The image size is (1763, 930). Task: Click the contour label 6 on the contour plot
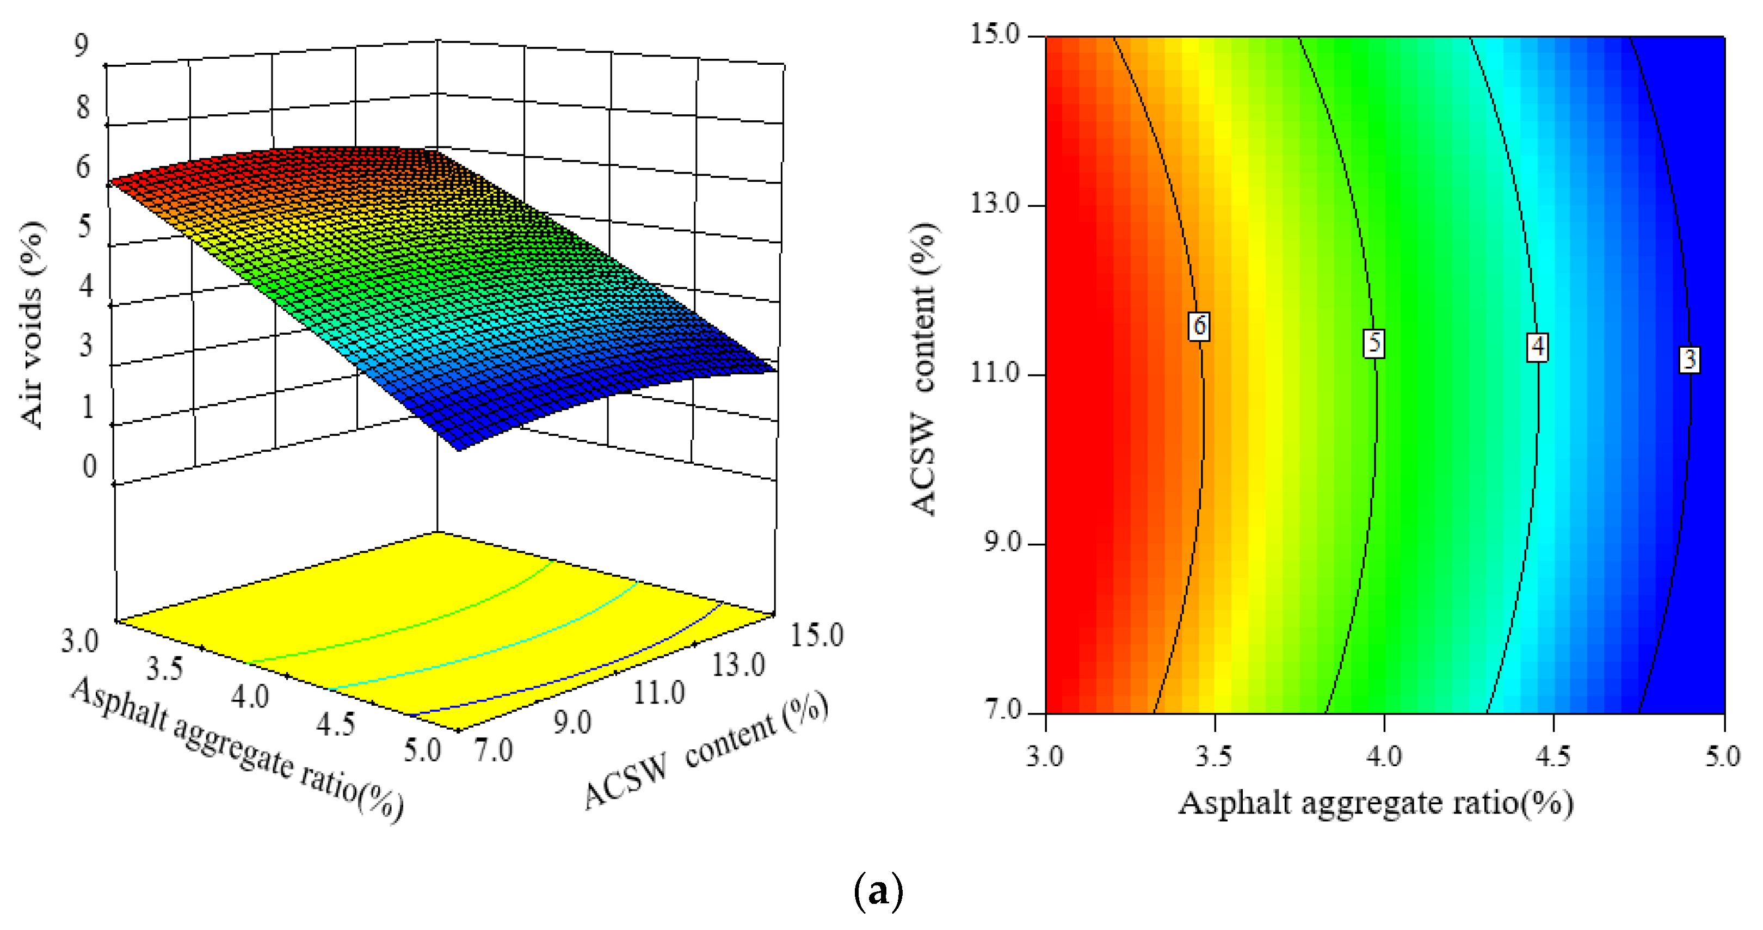pyautogui.click(x=1199, y=326)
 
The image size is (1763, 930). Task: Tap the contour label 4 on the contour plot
pyautogui.click(x=1538, y=347)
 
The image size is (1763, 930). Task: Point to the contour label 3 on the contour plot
pyautogui.click(x=1689, y=359)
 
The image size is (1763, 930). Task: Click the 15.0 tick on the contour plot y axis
pyautogui.click(x=995, y=34)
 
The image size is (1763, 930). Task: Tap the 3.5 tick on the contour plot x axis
pyautogui.click(x=1214, y=756)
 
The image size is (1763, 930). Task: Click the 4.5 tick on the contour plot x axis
pyautogui.click(x=1554, y=756)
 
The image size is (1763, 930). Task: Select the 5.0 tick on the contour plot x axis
pyautogui.click(x=1722, y=756)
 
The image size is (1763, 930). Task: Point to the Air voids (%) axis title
pyautogui.click(x=32, y=325)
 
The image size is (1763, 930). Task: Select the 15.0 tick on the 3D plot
pyautogui.click(x=817, y=635)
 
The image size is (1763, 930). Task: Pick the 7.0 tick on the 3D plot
pyautogui.click(x=494, y=751)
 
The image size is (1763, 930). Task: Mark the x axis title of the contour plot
pyautogui.click(x=1375, y=803)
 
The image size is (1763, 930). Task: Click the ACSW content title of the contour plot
pyautogui.click(x=924, y=369)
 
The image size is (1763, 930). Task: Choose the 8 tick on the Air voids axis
pyautogui.click(x=83, y=107)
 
